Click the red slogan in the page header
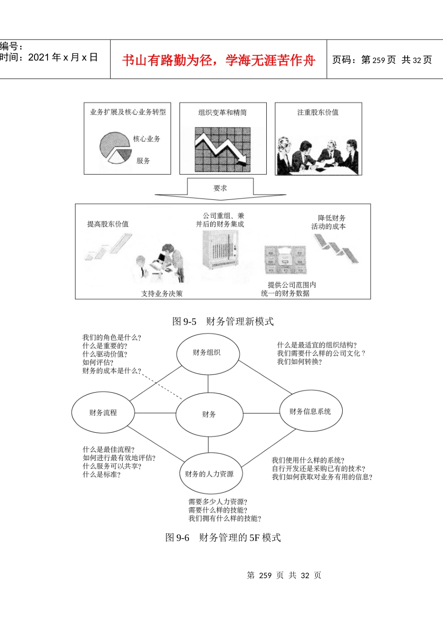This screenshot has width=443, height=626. click(x=219, y=60)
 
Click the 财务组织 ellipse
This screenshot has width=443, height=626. click(x=208, y=353)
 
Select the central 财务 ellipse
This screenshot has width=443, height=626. click(x=209, y=414)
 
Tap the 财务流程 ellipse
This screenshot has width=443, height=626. click(x=103, y=413)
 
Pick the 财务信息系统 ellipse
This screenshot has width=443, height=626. click(x=311, y=411)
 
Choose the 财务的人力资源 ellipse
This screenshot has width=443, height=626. click(x=209, y=474)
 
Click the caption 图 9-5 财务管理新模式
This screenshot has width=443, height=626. click(x=223, y=321)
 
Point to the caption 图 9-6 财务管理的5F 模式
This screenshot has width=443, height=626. click(x=223, y=538)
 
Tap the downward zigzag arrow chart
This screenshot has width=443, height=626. click(x=223, y=149)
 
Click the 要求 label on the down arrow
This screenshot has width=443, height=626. click(x=220, y=188)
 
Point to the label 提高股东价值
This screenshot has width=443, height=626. click(x=108, y=224)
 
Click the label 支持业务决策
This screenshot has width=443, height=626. click(x=162, y=293)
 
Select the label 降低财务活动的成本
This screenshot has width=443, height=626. click(x=329, y=222)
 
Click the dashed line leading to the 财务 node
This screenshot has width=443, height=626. click(x=161, y=385)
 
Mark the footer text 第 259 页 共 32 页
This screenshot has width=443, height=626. click(x=284, y=575)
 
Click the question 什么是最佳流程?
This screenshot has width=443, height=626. click(x=109, y=449)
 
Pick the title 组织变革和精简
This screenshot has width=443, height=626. click(x=222, y=112)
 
